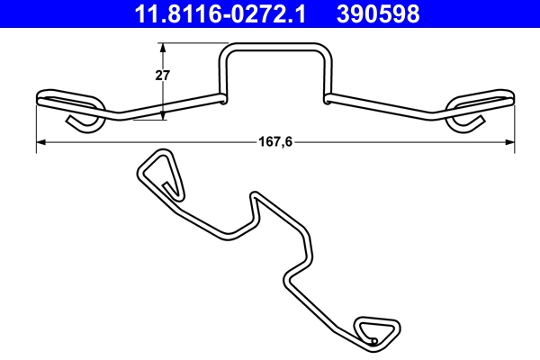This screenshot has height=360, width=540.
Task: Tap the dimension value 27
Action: click(163, 76)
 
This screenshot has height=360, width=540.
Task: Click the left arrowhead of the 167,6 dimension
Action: click(40, 141)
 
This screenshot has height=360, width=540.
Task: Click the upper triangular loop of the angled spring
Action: click(160, 173)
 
